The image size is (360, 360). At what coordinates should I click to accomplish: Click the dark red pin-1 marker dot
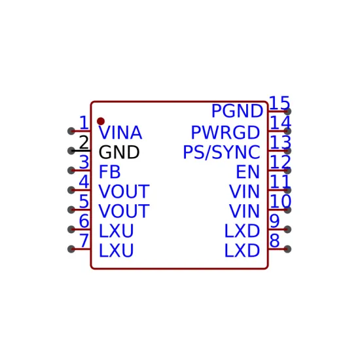tap(101, 121)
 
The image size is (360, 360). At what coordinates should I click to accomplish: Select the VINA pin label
tap(120, 133)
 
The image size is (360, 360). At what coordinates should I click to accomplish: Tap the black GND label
tap(119, 153)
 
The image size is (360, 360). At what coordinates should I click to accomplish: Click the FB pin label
tap(109, 171)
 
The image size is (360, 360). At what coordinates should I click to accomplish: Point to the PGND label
tap(237, 111)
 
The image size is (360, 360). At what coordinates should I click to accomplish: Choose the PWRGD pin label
tap(225, 133)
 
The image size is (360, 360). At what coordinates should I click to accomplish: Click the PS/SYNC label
tap(221, 153)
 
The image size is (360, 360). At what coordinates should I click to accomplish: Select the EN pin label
tap(248, 171)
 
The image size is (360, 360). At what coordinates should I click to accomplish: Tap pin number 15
tap(279, 103)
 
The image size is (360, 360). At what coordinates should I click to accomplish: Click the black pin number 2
tap(84, 142)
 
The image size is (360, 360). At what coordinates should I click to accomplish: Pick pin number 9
tap(275, 221)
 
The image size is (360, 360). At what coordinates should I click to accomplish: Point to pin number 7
tap(84, 241)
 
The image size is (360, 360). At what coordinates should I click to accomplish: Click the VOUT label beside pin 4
tap(124, 192)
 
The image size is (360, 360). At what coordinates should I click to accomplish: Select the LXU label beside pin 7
tap(116, 251)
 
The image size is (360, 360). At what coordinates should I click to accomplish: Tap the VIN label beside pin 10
tap(245, 211)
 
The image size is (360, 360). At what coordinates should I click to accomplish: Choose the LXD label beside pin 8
tap(242, 251)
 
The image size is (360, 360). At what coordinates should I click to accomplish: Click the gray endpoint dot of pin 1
tap(71, 131)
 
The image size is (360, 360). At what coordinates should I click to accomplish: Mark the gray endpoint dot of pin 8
tap(287, 249)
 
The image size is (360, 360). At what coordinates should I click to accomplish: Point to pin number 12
tap(280, 162)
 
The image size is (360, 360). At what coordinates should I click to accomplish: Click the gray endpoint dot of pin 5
tap(71, 209)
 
